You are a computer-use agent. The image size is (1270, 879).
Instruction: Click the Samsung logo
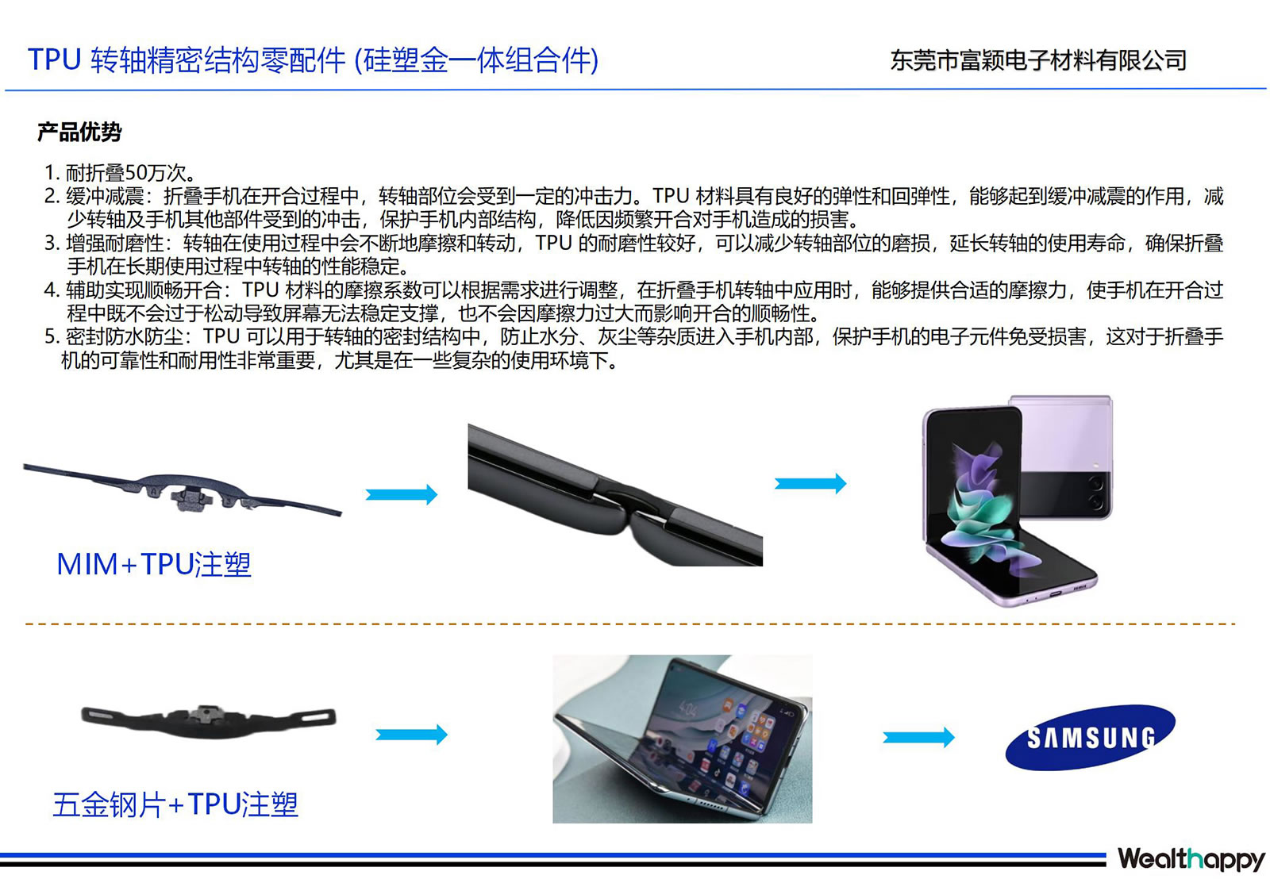1090,737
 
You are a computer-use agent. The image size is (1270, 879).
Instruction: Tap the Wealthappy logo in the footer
1191,858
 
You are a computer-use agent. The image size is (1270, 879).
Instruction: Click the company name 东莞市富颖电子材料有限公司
1038,60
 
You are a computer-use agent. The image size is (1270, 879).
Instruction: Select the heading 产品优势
79,132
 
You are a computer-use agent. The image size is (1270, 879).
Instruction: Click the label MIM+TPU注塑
154,564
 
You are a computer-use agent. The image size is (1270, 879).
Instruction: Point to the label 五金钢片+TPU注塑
175,804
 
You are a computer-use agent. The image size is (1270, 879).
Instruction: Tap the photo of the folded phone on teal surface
682,739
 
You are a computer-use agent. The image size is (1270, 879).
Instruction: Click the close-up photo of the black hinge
615,494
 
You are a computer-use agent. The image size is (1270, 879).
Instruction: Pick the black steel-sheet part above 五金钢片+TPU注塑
209,721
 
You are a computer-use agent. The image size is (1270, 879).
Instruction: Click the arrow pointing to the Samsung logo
918,737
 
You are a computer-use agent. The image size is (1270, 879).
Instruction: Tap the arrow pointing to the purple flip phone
810,483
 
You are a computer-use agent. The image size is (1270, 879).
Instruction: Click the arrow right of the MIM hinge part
402,494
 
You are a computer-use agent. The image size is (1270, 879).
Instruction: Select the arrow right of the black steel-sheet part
412,735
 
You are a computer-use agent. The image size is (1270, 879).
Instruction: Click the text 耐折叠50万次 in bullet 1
126,172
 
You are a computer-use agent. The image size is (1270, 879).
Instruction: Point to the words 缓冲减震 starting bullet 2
105,196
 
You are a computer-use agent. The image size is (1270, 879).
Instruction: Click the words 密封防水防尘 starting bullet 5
125,336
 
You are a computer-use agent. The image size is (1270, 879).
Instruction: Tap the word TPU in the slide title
55,59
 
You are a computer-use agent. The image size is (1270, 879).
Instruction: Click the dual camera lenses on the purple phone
1095,492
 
